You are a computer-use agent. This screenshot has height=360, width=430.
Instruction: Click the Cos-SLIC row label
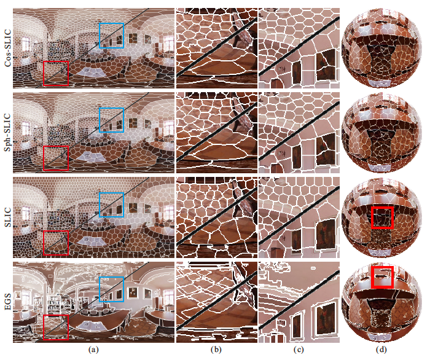click(7, 48)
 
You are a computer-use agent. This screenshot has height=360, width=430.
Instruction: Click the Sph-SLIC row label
click(7, 133)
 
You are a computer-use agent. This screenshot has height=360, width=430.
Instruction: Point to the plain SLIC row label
click(7, 217)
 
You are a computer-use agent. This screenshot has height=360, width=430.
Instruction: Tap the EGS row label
click(7, 302)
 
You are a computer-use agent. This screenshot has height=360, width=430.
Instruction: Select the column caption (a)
click(93, 350)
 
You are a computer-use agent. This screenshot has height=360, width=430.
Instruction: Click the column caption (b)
click(216, 350)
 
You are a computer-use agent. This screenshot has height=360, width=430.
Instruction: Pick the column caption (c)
click(299, 350)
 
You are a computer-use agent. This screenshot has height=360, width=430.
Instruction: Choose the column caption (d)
click(381, 350)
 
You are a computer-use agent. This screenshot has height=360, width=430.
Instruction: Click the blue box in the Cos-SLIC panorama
click(111, 23)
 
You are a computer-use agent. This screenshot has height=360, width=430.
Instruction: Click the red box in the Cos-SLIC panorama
click(56, 61)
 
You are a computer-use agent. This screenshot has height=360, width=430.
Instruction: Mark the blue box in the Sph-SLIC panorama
click(111, 108)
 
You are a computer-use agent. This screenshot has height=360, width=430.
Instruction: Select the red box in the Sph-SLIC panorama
click(56, 146)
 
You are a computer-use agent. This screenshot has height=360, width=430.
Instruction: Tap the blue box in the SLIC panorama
click(111, 193)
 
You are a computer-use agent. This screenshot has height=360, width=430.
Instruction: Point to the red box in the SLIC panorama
click(56, 231)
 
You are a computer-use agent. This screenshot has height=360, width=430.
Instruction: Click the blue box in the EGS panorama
click(111, 278)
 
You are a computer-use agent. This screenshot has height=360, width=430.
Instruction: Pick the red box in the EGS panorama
click(56, 316)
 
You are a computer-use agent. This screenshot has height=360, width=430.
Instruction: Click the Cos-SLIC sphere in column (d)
click(381, 48)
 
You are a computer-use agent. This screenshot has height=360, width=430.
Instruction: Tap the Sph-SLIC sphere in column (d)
click(381, 133)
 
